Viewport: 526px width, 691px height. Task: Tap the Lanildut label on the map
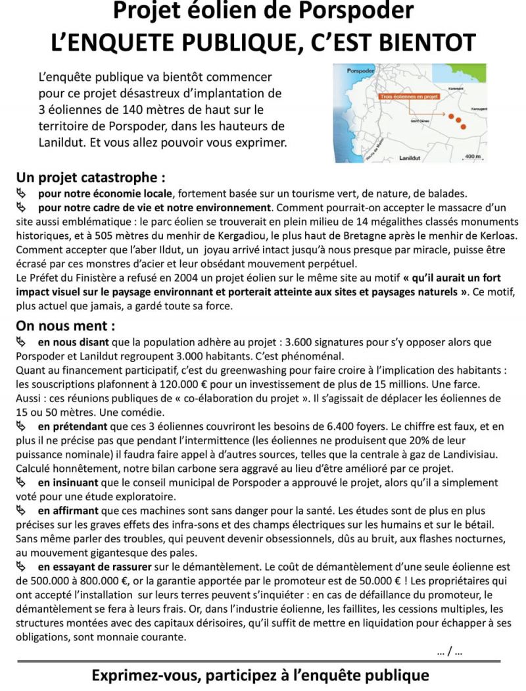click(414, 158)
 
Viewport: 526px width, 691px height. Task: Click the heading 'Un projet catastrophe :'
click(90, 178)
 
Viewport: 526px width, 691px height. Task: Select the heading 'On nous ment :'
click(66, 326)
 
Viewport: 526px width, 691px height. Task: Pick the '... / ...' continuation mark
click(449, 652)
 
